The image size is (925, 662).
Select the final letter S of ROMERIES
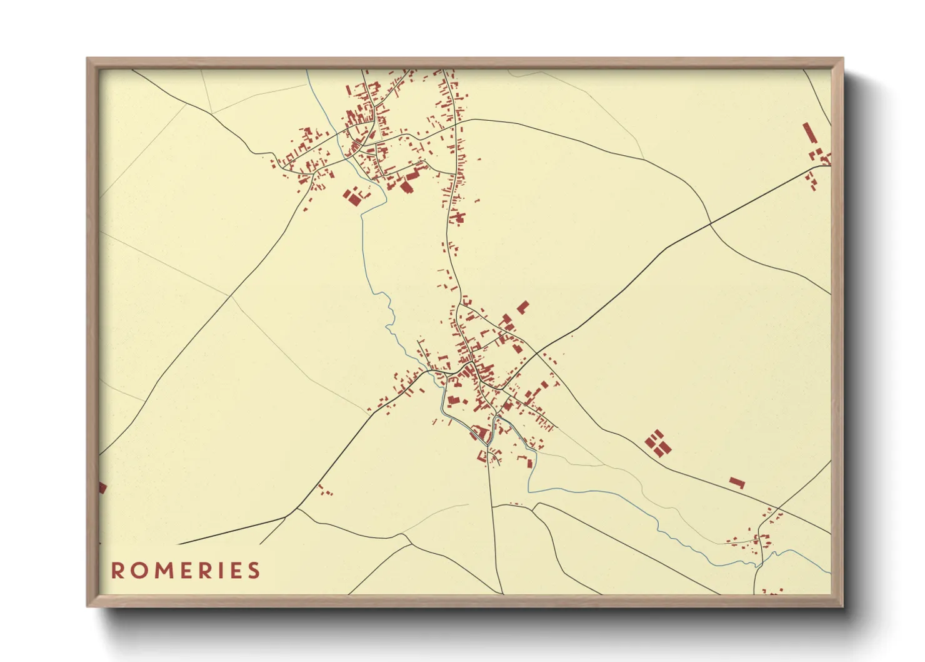(253, 571)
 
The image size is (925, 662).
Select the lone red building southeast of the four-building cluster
(737, 482)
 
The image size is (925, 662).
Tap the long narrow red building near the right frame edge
(810, 133)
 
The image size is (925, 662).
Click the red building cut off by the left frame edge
(102, 487)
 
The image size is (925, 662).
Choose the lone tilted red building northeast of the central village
(522, 307)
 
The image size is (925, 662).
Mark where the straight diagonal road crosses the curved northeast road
(711, 222)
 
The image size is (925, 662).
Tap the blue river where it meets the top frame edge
(306, 71)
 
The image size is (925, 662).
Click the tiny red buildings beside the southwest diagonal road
(324, 491)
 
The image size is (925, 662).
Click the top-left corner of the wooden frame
(87, 59)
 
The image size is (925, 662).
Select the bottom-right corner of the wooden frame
(842, 606)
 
